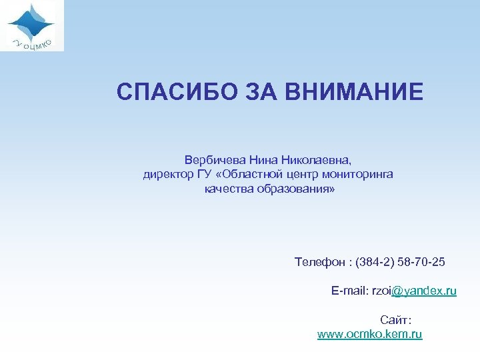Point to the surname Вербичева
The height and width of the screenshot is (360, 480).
point(216,160)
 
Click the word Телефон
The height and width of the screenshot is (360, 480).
point(317,262)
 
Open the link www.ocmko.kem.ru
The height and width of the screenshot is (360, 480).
point(370,334)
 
